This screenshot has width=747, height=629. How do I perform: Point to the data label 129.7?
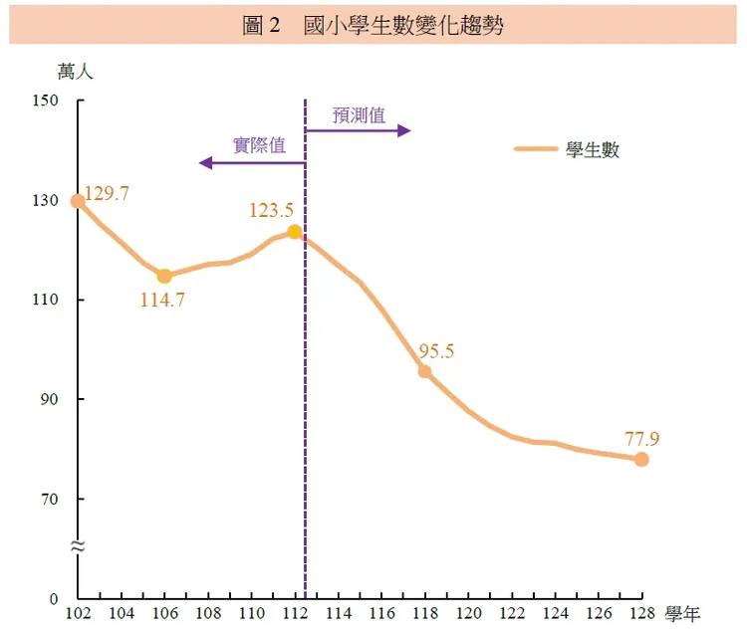107,194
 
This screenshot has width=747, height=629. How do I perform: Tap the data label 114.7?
162,299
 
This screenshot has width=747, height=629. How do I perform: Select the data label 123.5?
272,210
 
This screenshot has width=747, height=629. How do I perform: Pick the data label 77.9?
642,438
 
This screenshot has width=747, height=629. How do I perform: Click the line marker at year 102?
78,201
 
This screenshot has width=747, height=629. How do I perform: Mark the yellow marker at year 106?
164,276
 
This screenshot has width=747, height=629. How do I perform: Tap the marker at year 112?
294,232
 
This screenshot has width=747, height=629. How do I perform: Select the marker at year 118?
424,371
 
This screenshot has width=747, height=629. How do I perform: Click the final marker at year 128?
641,459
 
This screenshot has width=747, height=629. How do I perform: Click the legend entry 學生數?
593,149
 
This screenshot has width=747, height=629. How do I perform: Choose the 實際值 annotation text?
259,145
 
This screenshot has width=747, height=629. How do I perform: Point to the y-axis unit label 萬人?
75,71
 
